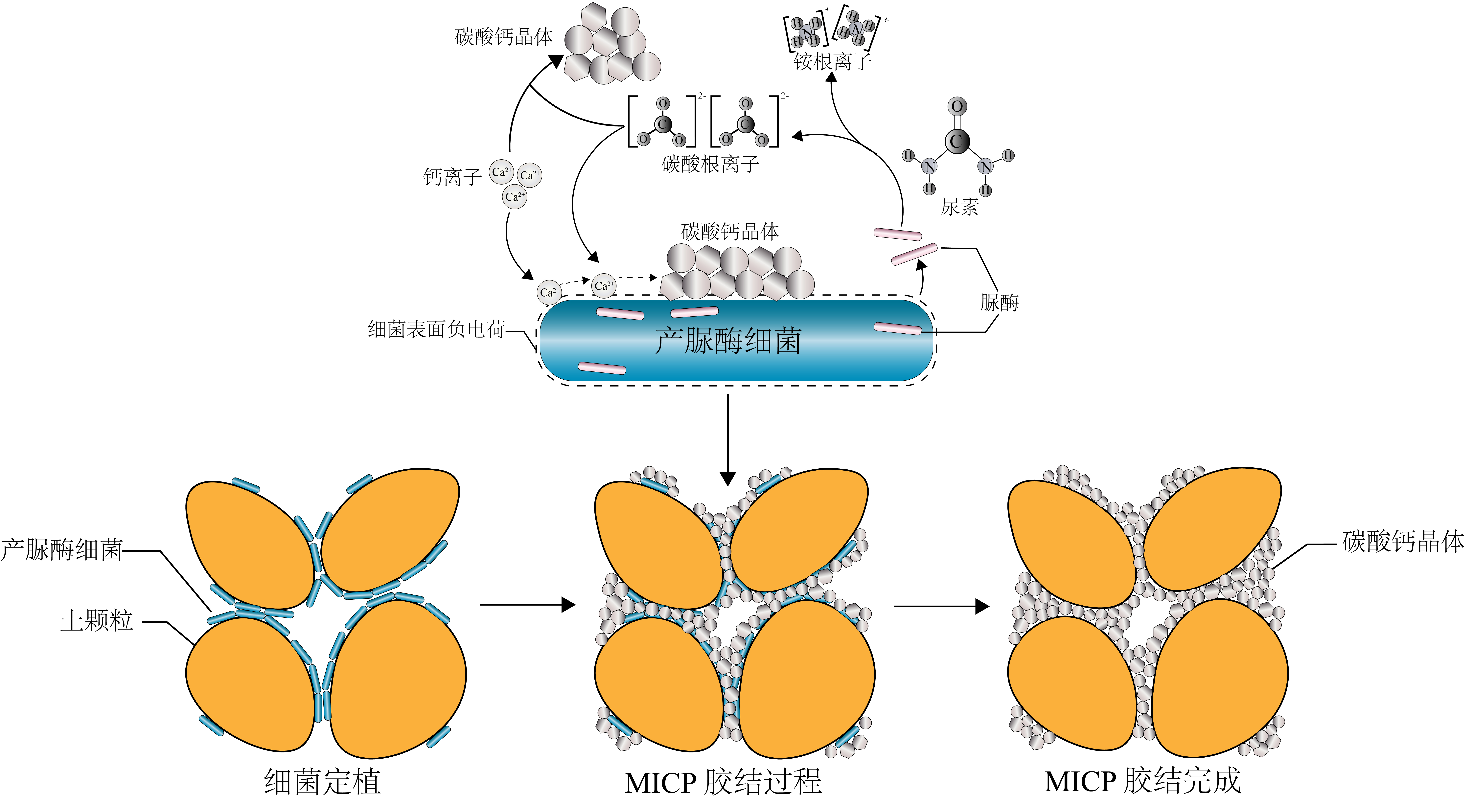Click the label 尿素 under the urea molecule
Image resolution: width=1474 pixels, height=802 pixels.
coord(960,207)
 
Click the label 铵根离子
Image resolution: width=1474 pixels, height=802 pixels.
coord(833,61)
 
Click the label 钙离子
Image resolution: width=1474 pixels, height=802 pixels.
coord(452,177)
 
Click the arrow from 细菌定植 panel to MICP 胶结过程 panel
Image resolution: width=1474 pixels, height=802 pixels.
coord(526,605)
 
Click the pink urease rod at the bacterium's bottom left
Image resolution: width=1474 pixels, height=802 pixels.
coord(602,368)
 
